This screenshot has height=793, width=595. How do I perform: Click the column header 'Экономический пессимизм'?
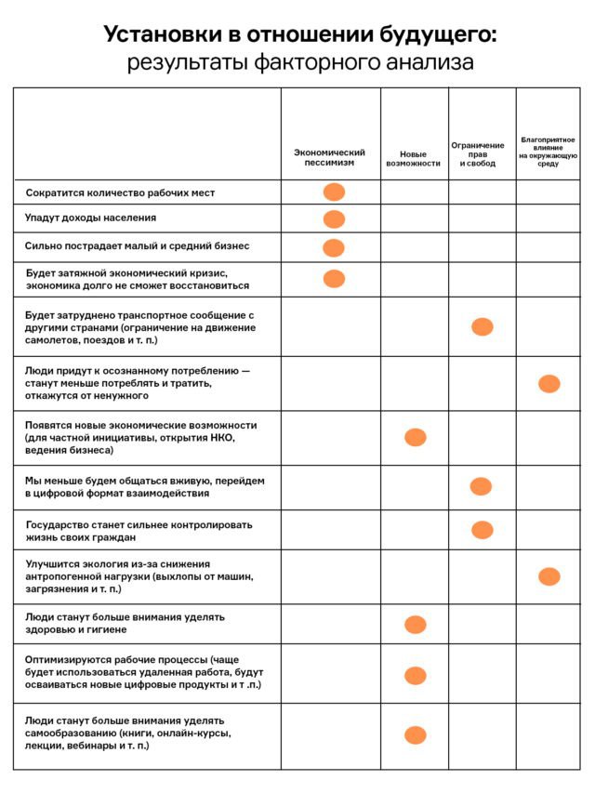[330, 157]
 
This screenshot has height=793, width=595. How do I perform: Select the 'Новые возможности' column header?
[413, 158]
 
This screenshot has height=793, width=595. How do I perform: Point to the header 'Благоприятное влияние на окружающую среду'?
[548, 152]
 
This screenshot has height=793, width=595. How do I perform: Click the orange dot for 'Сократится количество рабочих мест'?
[334, 192]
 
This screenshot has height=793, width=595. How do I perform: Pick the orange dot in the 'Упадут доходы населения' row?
[334, 219]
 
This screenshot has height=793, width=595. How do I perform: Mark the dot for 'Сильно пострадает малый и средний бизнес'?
[334, 247]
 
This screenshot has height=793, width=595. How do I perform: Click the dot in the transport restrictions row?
[482, 327]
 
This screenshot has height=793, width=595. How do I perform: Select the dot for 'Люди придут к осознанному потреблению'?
[549, 383]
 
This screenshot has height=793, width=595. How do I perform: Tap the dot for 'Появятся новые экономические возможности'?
[415, 437]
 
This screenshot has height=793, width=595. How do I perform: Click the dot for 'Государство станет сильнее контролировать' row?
[482, 530]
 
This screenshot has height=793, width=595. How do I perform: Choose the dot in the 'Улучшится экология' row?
[549, 576]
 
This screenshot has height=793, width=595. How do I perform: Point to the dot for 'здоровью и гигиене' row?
[415, 624]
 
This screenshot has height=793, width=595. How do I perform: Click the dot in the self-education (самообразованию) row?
[415, 734]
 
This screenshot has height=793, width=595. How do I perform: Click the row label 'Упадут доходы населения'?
[90, 218]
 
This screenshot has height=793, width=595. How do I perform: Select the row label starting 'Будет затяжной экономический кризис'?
[126, 280]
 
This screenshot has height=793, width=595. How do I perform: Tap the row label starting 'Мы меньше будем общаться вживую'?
[144, 486]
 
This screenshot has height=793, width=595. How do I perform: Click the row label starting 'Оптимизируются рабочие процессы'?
[143, 672]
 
